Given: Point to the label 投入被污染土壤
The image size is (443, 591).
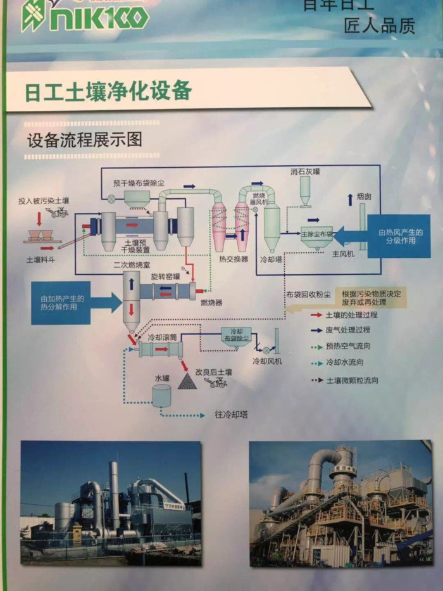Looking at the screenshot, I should [44, 201].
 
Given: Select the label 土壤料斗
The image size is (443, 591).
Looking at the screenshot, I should [40, 260].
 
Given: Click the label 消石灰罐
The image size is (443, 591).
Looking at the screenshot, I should [306, 171].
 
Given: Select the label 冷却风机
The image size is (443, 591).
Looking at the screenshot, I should [267, 361].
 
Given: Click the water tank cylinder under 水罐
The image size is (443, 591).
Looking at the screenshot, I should [162, 396].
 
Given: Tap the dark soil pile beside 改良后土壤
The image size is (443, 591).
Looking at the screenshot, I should [187, 380].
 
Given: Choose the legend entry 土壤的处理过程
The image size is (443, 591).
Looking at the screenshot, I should [352, 315].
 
